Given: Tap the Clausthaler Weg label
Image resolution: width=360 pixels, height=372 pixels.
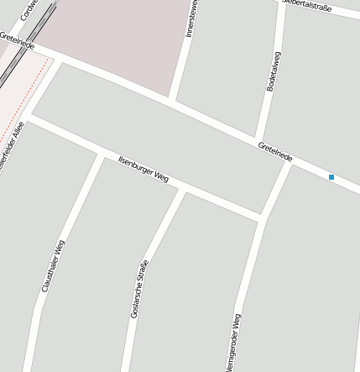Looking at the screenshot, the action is coord(53,266).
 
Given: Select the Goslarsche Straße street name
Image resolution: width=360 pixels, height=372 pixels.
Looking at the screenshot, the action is coord(140,290).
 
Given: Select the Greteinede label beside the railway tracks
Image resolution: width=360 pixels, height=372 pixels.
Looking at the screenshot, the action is coord(17,39).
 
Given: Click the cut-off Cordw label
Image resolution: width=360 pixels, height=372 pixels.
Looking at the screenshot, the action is coord(30,10).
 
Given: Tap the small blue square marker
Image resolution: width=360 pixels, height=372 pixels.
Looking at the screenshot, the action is coord(331,177).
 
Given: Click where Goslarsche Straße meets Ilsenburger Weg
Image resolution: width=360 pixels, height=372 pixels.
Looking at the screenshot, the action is coord(183,191).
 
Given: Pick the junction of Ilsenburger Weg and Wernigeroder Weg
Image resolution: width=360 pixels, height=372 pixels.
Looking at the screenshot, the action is coord(262,219).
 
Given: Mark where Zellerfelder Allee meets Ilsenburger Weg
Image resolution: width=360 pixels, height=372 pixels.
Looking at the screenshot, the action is coord(30,116).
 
